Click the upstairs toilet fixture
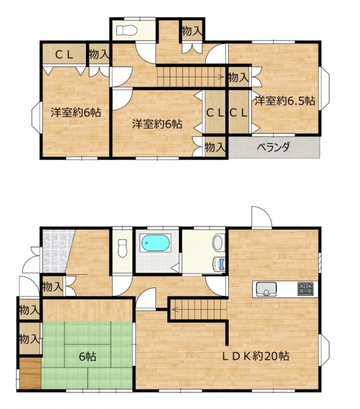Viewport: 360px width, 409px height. point(127,30)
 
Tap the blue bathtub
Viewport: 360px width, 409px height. point(155,243)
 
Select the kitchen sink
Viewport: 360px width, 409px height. point(266,289)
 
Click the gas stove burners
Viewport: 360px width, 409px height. point(306,289)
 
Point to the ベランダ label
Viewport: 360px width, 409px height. point(273,147)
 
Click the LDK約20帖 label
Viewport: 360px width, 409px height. point(256,356)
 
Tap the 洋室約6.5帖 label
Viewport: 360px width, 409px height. point(285,101)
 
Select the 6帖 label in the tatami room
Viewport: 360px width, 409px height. point(88,356)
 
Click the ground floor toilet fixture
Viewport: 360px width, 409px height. point(122,248)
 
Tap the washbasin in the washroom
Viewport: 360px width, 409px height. point(218,243)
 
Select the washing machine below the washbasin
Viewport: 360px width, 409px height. point(219,264)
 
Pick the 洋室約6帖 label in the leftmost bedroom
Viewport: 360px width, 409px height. point(76,112)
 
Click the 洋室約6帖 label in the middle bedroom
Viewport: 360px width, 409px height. point(157,124)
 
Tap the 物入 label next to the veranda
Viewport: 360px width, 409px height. point(215,147)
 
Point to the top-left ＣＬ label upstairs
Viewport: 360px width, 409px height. point(64,54)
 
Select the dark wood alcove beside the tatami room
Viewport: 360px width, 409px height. point(30,374)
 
